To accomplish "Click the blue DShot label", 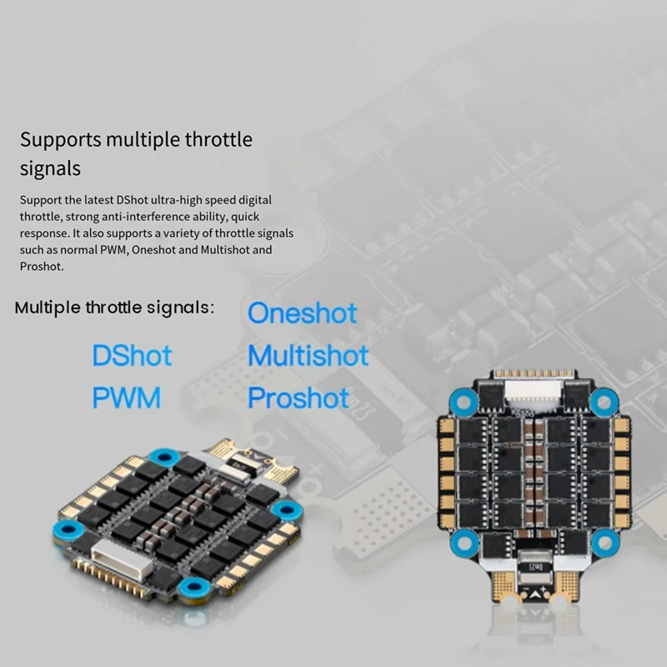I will click(x=132, y=356).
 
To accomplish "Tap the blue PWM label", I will click(x=126, y=398).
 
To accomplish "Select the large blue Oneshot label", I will click(x=302, y=313).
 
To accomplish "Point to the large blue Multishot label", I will click(x=308, y=356).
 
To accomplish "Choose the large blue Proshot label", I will click(x=298, y=398).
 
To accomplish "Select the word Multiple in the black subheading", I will click(x=47, y=308).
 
